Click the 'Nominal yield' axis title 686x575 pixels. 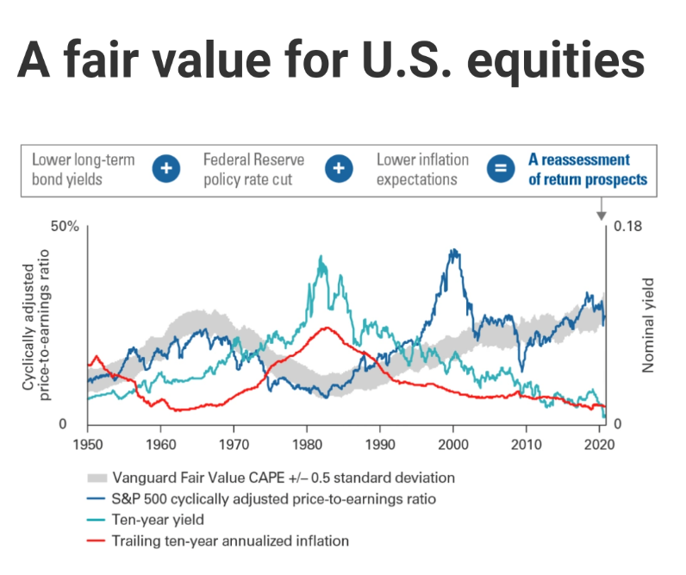click(x=649, y=325)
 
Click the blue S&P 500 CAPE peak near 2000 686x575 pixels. click(x=453, y=251)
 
